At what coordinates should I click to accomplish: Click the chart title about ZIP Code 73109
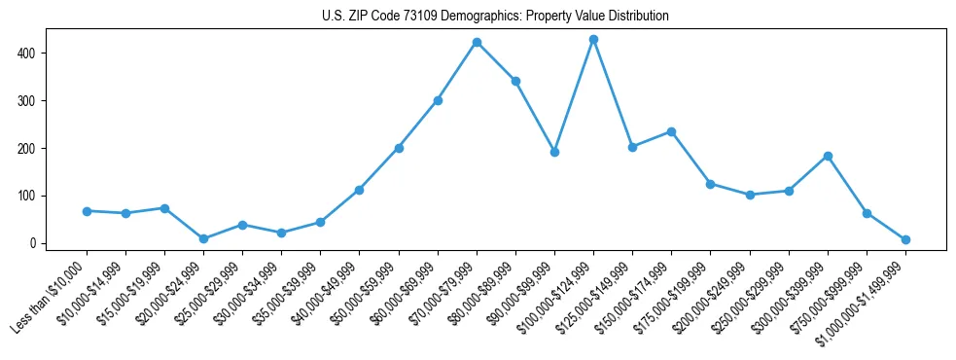click(495, 17)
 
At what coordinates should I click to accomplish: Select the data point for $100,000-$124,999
click(593, 40)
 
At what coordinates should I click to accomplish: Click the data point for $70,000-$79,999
click(477, 43)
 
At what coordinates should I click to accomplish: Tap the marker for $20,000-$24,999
click(203, 238)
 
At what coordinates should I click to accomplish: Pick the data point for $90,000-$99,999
click(554, 152)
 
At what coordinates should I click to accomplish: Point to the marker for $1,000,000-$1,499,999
click(905, 239)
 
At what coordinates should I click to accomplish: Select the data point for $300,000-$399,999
click(828, 156)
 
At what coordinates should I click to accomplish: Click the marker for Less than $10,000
click(87, 211)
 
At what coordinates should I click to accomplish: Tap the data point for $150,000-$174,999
click(671, 131)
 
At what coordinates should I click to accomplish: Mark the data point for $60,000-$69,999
click(438, 100)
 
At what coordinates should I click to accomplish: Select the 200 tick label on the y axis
click(29, 148)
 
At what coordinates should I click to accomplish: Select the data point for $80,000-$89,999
click(515, 82)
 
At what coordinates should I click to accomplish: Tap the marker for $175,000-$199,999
click(710, 184)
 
